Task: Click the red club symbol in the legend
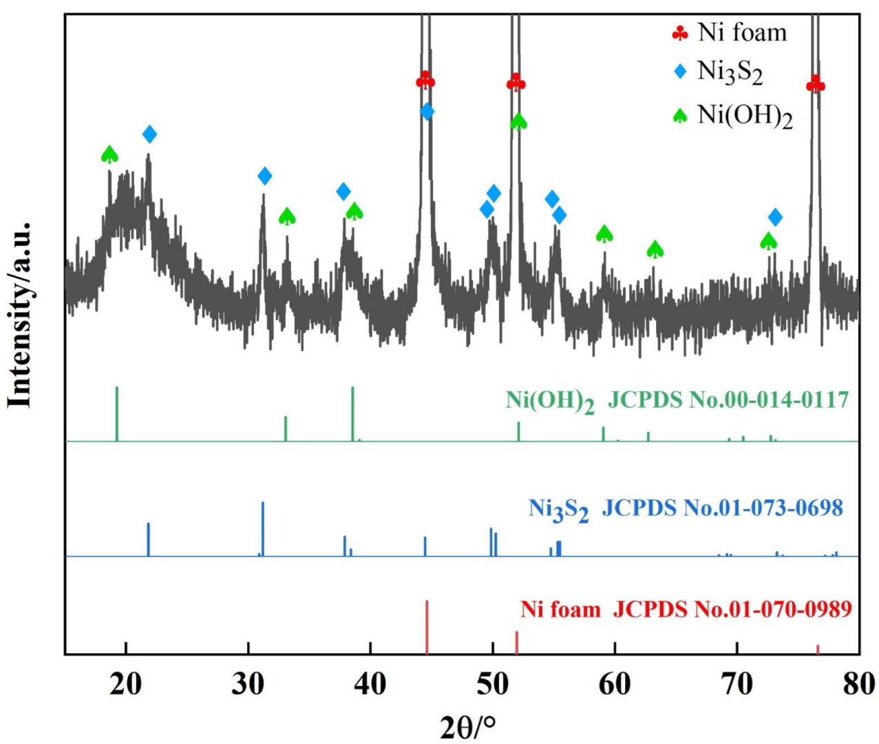point(680,33)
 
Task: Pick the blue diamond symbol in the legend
point(680,71)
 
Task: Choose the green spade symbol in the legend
point(680,116)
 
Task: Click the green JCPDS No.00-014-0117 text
point(728,400)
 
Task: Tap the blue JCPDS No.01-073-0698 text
point(722,508)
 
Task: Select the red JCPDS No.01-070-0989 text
point(732,609)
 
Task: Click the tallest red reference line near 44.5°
point(427,627)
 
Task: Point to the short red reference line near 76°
point(818,650)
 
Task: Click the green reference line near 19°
point(117,413)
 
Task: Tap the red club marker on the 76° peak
point(816,85)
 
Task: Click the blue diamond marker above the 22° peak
point(149,134)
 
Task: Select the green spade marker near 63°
point(655,249)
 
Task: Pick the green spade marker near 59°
point(604,234)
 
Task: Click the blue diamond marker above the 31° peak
point(264,176)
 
